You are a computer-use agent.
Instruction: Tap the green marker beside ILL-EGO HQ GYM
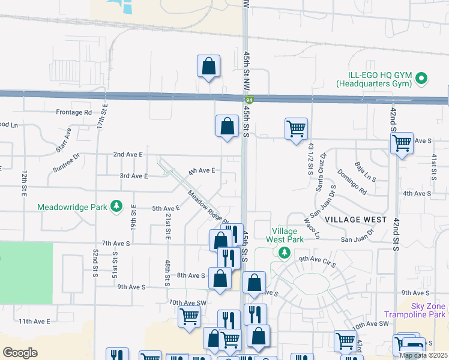(x=421, y=78)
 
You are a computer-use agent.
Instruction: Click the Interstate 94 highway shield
(x=247, y=100)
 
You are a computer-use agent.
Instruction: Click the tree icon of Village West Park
(x=282, y=252)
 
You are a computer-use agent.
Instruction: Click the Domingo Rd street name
(x=351, y=182)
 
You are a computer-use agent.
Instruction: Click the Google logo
(x=20, y=353)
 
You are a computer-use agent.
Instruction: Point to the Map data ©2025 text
(x=423, y=356)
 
